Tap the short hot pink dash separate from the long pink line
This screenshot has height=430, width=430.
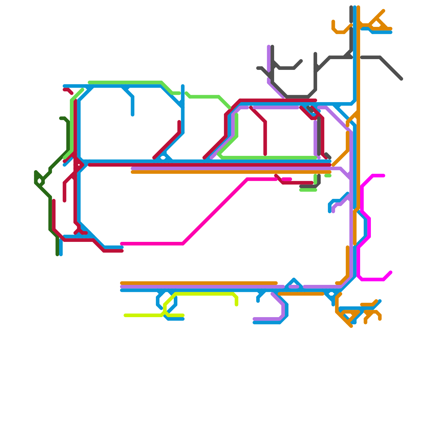click(x=287, y=179)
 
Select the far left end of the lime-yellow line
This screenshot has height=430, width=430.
click(x=125, y=315)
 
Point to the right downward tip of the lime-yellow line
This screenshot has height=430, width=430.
click(x=236, y=305)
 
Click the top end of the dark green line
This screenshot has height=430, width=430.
click(x=61, y=118)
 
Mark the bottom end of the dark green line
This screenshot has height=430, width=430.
click(x=57, y=255)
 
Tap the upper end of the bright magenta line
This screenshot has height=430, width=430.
click(x=384, y=176)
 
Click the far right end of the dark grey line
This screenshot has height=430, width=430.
click(x=402, y=79)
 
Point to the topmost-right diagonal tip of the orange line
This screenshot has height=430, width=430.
click(x=384, y=11)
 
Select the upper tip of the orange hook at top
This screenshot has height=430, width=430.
click(x=333, y=21)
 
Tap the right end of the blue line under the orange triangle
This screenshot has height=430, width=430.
click(x=391, y=33)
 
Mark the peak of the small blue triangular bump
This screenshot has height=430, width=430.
click(x=294, y=279)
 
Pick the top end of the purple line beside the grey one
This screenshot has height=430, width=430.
click(x=269, y=46)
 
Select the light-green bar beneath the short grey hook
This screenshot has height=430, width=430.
click(x=308, y=190)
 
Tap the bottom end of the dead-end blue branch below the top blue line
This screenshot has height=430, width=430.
click(x=132, y=115)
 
